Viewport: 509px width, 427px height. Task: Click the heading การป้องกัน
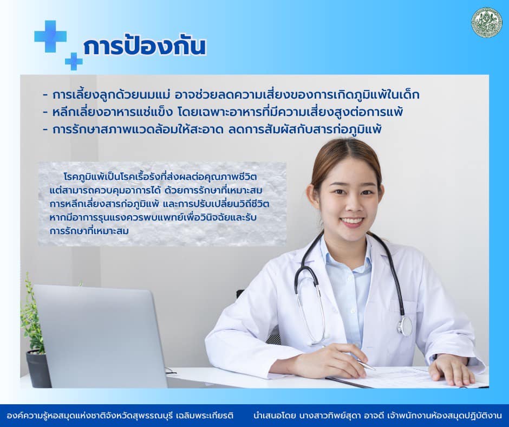pos(145,47)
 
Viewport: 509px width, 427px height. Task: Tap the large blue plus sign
pos(50,36)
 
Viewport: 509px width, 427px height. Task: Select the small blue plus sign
pos(74,61)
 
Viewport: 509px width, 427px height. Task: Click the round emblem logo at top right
pos(487,23)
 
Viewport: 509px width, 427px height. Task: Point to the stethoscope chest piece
pos(406,326)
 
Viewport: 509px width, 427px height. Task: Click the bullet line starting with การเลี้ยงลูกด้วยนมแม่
pos(231,95)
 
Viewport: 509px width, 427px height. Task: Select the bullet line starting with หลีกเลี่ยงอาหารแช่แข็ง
pos(223,112)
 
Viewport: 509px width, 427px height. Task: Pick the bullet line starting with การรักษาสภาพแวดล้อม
pos(213,130)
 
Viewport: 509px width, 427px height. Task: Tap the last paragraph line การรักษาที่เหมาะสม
pos(89,231)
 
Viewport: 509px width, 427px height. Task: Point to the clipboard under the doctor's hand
pos(406,378)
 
